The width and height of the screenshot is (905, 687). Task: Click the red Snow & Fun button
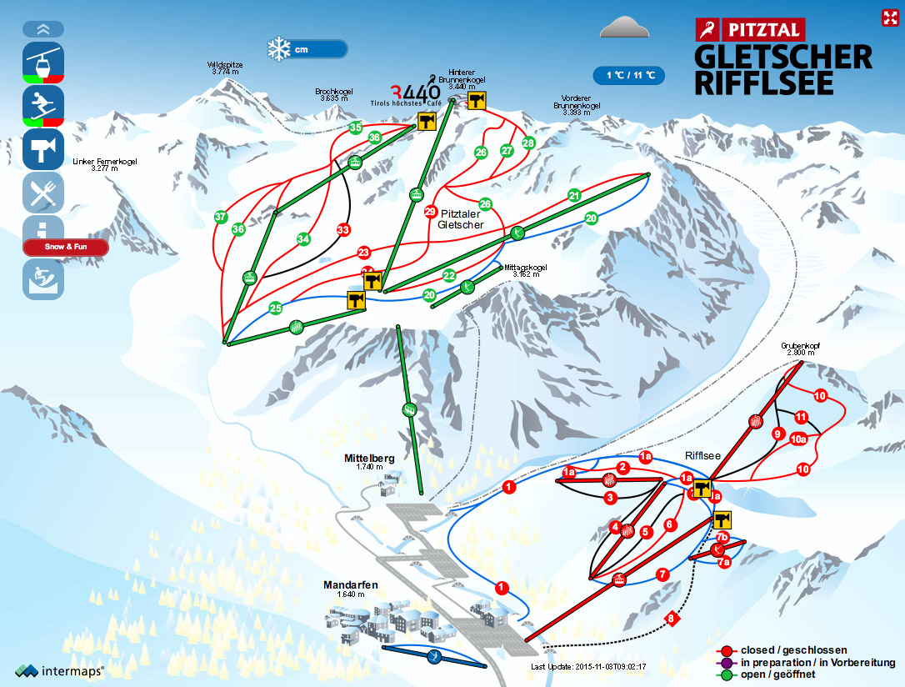[x=65, y=248]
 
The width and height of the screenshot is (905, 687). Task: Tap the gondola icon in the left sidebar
[x=43, y=61]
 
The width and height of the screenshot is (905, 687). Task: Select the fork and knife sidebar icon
[x=43, y=193]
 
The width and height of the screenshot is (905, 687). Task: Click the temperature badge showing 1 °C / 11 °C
[x=629, y=75]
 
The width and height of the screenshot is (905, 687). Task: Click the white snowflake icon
[x=277, y=49]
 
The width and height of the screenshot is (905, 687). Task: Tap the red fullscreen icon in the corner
[x=888, y=18]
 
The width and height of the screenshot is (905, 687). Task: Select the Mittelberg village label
[x=369, y=459]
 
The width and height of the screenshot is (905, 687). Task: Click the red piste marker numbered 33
[x=342, y=229]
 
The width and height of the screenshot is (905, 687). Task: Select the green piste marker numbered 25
[x=276, y=308]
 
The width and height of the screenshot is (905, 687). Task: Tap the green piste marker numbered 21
[x=574, y=195]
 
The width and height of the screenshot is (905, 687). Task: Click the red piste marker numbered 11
[x=802, y=417]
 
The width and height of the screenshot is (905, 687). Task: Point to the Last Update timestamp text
[x=588, y=667]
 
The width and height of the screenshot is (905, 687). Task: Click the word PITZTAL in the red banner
[x=762, y=31]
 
